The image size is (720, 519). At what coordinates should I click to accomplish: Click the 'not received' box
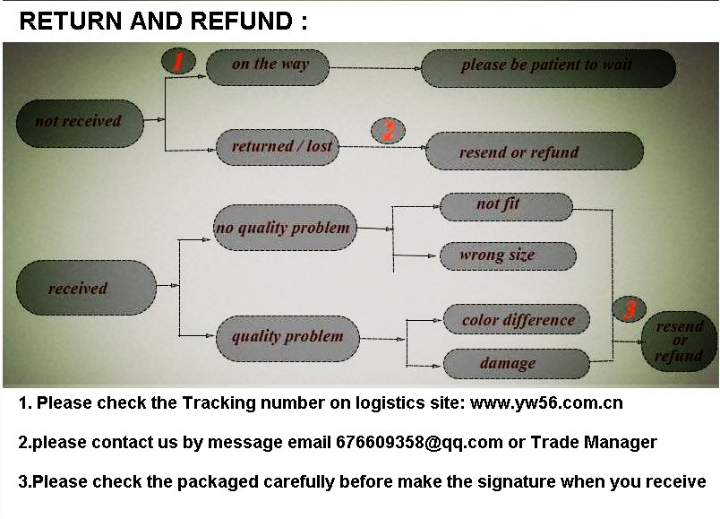coord(79,122)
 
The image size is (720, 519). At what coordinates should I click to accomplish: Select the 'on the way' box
coord(269,65)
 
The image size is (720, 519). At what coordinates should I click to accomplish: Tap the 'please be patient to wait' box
coord(547,66)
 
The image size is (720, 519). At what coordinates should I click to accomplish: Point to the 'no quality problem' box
coord(283,228)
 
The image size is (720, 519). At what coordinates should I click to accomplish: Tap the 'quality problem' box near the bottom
coord(287,338)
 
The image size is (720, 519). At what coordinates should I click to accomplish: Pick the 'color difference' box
coord(517,320)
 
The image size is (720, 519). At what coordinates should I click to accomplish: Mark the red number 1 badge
coord(178,61)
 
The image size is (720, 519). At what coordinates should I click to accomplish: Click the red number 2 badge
coord(388,132)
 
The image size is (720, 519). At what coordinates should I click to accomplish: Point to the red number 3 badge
coord(630,310)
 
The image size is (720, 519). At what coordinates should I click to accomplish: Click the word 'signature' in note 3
coord(514,481)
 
